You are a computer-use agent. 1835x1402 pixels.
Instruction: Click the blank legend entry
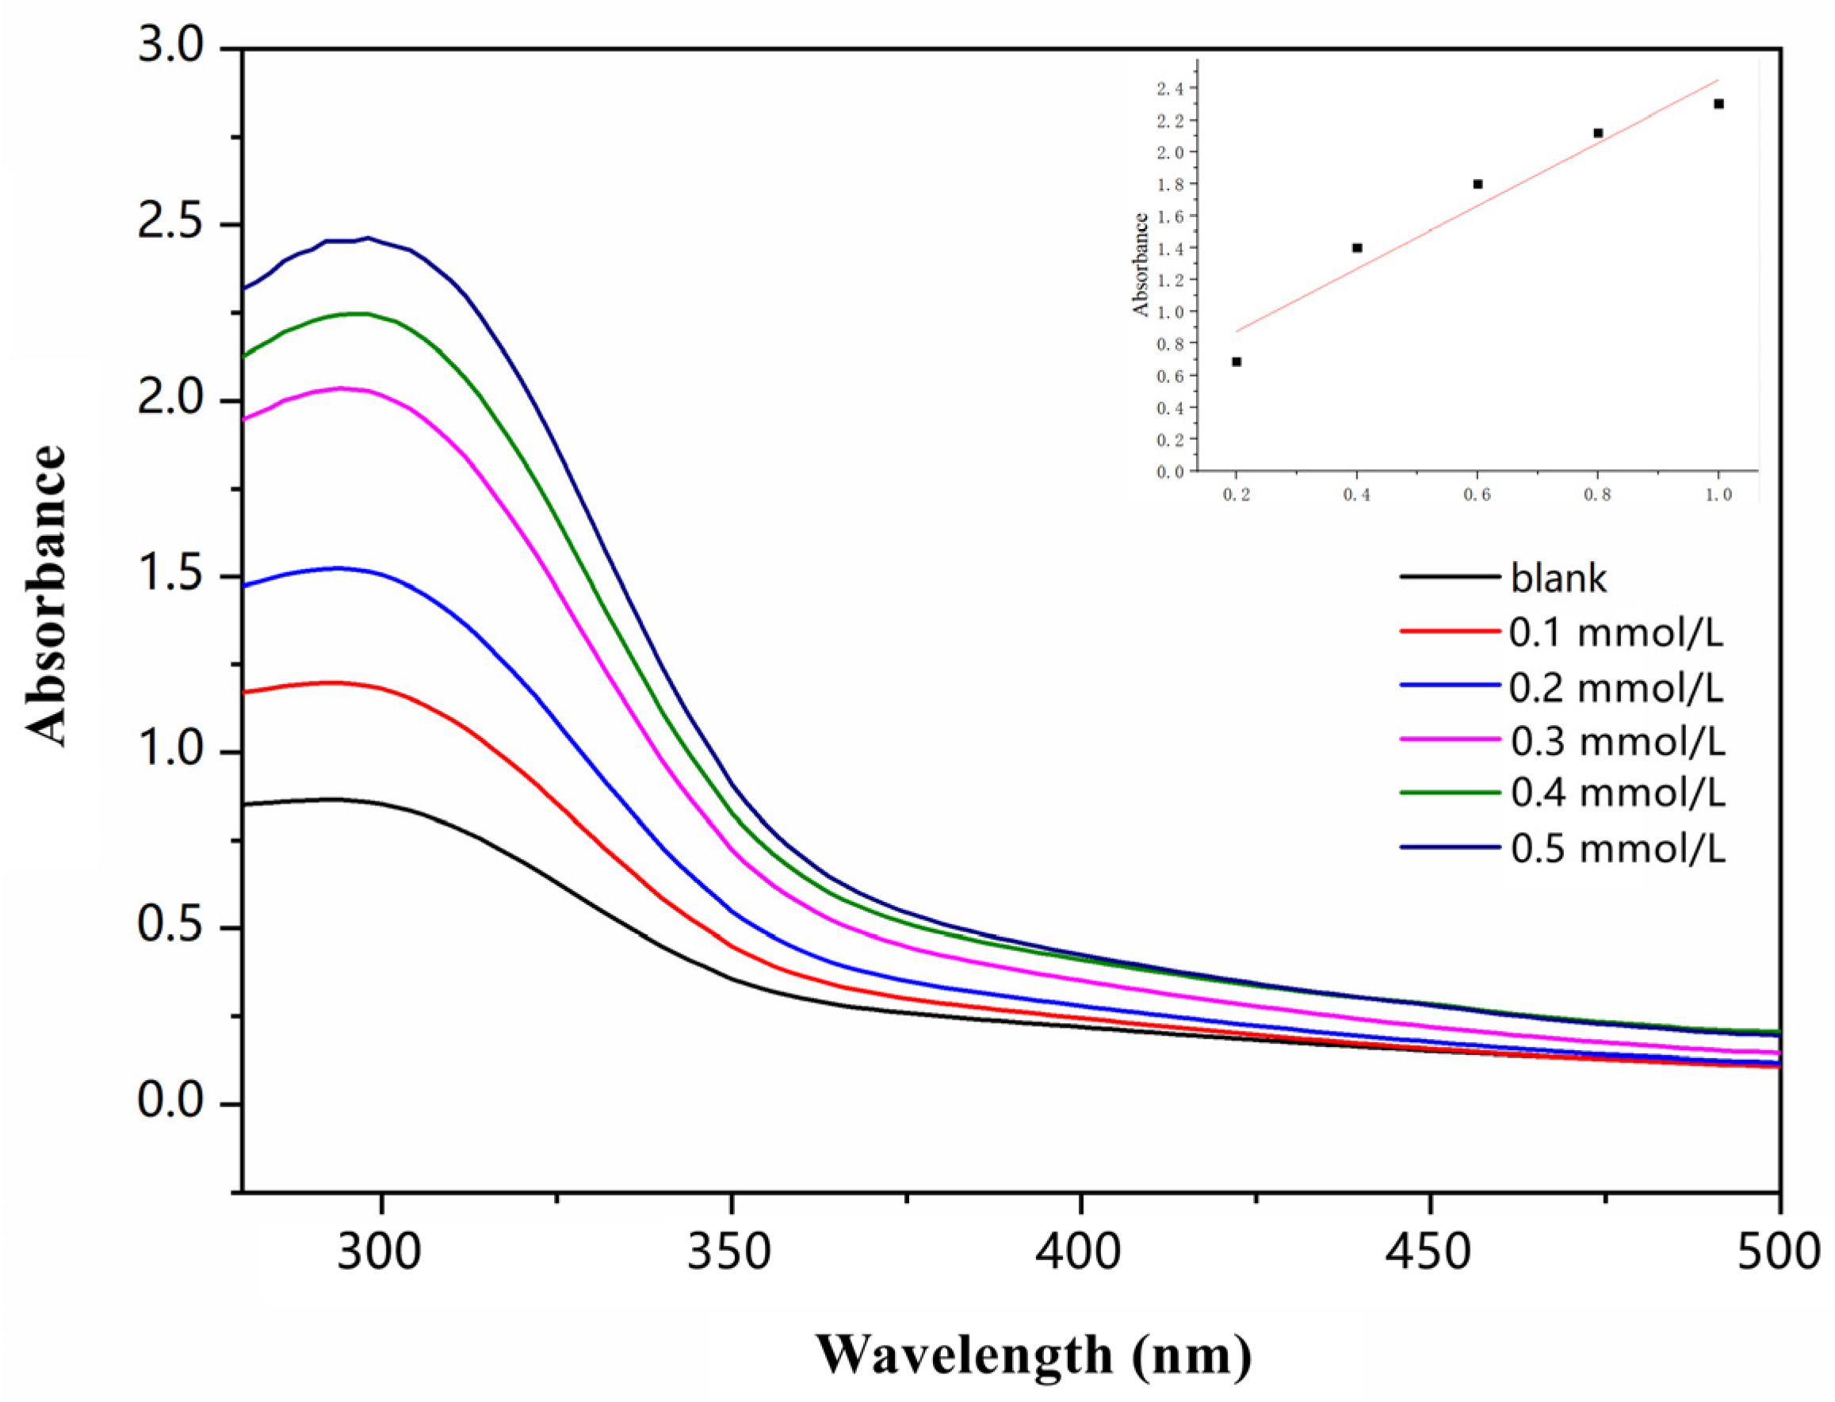pos(1558,579)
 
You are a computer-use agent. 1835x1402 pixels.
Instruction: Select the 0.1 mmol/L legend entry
pos(1615,633)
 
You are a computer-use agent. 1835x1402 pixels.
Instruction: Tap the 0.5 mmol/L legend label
pos(1617,849)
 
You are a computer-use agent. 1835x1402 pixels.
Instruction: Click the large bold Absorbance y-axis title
pos(46,596)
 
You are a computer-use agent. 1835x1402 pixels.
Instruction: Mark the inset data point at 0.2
pos(1237,361)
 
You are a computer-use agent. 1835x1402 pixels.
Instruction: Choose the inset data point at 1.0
pos(1718,104)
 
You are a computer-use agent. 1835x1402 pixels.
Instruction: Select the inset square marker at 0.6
pos(1477,184)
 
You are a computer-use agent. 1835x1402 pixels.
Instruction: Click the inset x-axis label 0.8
pos(1597,495)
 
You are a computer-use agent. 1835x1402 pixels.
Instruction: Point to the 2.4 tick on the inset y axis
pos(1175,89)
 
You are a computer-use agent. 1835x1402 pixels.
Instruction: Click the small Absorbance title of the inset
pos(1141,265)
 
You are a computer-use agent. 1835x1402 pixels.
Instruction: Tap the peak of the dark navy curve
pos(368,238)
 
